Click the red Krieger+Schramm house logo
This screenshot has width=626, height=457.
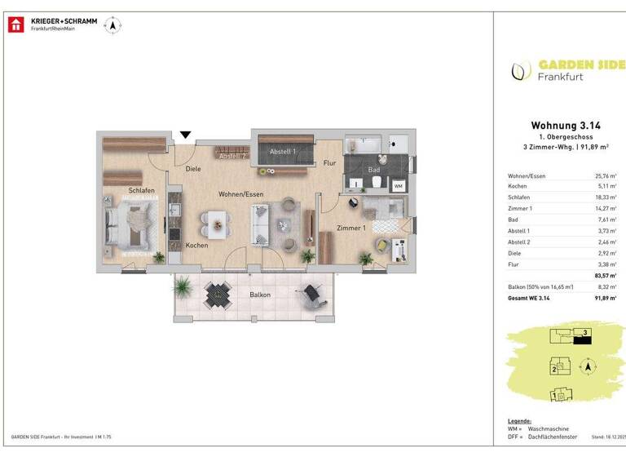pos(16,25)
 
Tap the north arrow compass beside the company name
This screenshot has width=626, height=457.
pos(112,26)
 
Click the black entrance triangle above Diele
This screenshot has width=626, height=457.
pos(186,135)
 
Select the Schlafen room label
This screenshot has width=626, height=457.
pos(142,191)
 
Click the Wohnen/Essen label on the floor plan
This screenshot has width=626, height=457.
pos(240,194)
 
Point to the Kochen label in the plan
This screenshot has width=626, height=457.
pos(196,246)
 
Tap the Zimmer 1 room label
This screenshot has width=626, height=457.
pos(352,228)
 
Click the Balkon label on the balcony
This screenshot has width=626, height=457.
pos(260,295)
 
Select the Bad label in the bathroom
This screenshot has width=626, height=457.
pos(374,171)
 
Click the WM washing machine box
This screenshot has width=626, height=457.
pos(399,186)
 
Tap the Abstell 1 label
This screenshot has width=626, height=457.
pos(283,152)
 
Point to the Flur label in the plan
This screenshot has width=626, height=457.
pos(329,163)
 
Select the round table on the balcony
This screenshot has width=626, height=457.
pos(218,293)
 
